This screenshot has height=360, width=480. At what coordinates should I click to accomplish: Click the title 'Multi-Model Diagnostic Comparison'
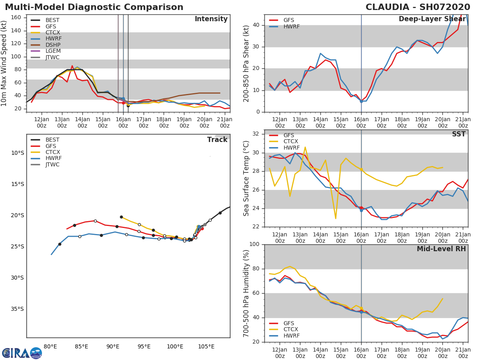click(94, 7)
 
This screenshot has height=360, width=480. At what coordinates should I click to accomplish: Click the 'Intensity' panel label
click(211, 19)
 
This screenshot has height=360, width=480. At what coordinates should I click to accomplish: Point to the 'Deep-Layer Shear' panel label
click(432, 19)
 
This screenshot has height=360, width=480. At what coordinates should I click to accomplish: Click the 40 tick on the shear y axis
click(256, 25)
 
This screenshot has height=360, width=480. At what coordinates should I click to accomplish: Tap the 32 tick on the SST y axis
click(256, 134)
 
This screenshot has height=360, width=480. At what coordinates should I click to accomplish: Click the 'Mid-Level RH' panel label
click(441, 249)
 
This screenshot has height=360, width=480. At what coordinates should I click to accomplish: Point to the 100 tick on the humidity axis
click(254, 244)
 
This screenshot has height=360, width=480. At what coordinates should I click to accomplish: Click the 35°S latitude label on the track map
click(17, 309)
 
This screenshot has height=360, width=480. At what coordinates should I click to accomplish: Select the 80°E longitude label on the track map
click(50, 346)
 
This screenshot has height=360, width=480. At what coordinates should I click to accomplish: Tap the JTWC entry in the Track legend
click(52, 164)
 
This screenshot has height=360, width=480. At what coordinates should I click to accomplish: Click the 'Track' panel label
click(217, 140)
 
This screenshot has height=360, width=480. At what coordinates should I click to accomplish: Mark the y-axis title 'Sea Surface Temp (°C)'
click(246, 178)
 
